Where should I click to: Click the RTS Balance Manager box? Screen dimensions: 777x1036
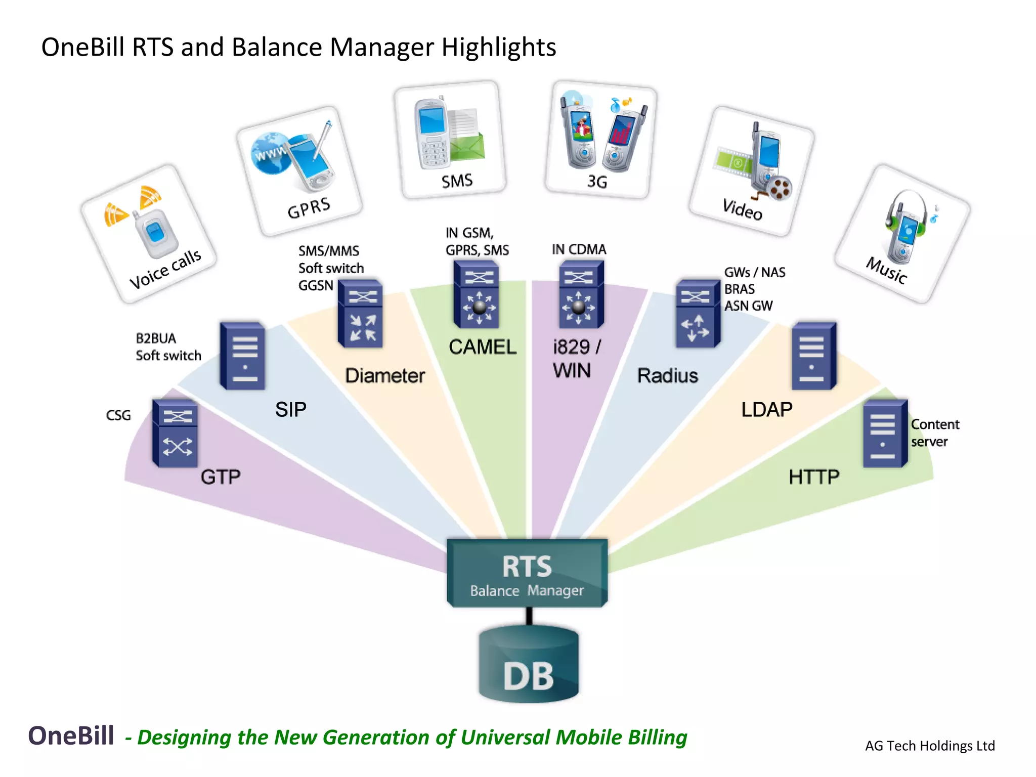(x=527, y=573)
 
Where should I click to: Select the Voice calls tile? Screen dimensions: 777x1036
(x=149, y=234)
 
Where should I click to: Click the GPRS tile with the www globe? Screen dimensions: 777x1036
(x=299, y=171)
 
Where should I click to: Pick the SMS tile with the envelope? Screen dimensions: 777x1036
(x=450, y=140)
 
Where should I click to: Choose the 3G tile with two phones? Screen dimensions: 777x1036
(x=601, y=140)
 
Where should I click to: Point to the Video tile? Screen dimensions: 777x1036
(x=752, y=171)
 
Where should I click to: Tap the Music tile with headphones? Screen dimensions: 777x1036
(x=902, y=234)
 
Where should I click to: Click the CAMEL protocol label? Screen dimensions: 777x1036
(x=483, y=347)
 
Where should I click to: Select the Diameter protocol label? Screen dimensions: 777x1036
(x=385, y=376)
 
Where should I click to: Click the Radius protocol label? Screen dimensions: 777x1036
(x=667, y=376)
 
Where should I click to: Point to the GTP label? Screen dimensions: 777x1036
(x=221, y=477)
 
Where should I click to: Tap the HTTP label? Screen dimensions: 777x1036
(x=814, y=477)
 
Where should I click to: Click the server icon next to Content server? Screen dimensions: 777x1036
(x=885, y=434)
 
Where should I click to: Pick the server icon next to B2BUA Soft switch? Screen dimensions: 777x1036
(x=242, y=356)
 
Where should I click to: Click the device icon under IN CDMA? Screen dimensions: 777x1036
(x=581, y=294)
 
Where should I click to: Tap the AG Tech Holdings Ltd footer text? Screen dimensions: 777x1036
(x=930, y=746)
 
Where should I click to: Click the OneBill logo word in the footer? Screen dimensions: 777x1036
(x=71, y=736)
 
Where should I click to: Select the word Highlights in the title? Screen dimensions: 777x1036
(x=499, y=47)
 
